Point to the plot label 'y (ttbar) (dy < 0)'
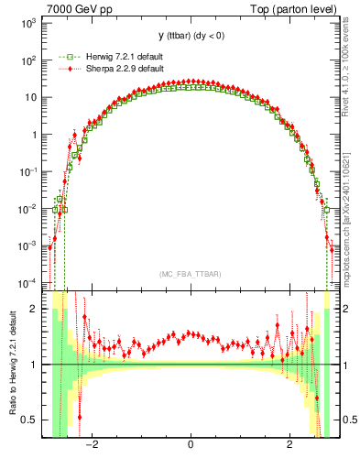click(x=190, y=37)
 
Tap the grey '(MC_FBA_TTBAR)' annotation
click(x=190, y=274)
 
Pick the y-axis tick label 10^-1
click(x=28, y=172)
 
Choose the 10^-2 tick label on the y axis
click(x=28, y=209)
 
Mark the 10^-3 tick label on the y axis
click(x=28, y=246)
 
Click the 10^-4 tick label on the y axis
click(x=28, y=283)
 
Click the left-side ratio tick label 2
click(x=35, y=309)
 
